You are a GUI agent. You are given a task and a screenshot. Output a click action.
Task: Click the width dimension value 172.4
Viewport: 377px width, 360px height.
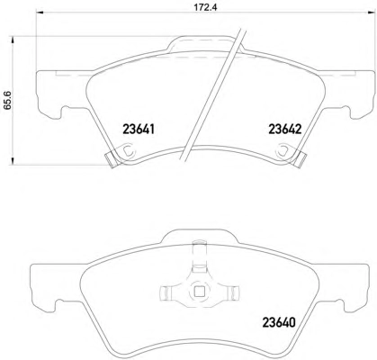[x=205, y=7]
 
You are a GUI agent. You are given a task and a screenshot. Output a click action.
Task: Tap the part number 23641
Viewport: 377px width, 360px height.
[x=139, y=130]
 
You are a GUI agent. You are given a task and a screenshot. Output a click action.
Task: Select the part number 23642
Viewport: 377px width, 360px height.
[x=284, y=130]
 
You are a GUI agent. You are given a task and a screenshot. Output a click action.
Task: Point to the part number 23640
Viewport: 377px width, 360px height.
[x=279, y=322]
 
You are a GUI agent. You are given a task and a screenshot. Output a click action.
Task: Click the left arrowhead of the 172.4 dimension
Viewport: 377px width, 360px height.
[x=40, y=13]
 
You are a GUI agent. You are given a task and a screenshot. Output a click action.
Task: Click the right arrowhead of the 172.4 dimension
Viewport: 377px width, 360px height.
[x=370, y=13]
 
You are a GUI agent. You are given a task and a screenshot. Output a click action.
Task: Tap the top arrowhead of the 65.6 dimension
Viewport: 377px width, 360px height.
[x=13, y=40]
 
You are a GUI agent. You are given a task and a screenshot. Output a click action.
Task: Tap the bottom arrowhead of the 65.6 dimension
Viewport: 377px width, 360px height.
[x=13, y=161]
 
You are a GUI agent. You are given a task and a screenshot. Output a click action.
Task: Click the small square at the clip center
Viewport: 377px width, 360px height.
[x=198, y=292]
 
